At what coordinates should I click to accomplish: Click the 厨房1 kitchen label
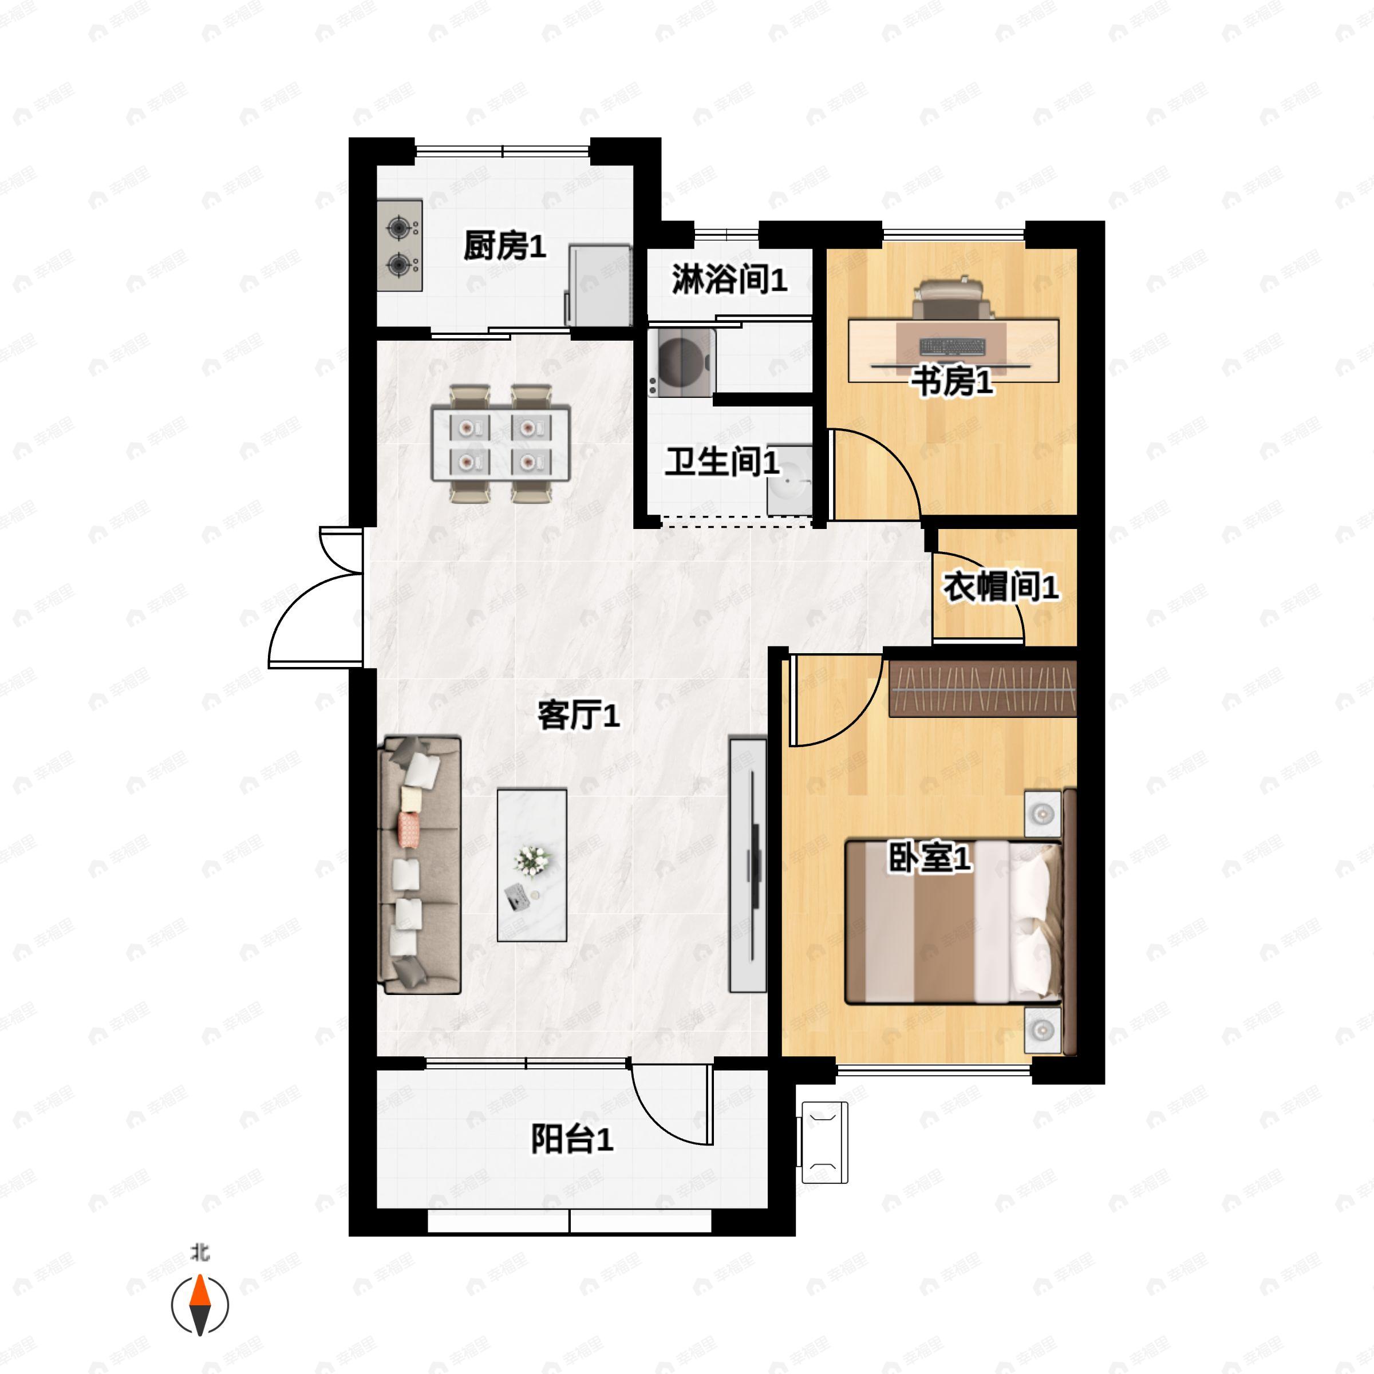point(504,246)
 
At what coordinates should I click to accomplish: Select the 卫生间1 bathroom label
point(722,462)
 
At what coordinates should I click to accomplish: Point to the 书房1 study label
point(952,382)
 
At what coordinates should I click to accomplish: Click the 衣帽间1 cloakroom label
point(1001,587)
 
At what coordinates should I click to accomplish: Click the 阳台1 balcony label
point(572,1139)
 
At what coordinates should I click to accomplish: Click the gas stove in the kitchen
point(400,246)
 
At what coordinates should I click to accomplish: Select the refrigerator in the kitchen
point(599,285)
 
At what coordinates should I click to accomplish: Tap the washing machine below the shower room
point(681,362)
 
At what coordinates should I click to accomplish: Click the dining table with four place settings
point(501,444)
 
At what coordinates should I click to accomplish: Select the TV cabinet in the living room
point(748,865)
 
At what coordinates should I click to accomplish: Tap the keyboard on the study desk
point(953,346)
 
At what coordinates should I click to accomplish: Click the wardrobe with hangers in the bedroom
point(983,688)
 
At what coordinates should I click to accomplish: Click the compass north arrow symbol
point(200,1305)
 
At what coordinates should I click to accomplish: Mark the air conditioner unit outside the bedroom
point(825,1143)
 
